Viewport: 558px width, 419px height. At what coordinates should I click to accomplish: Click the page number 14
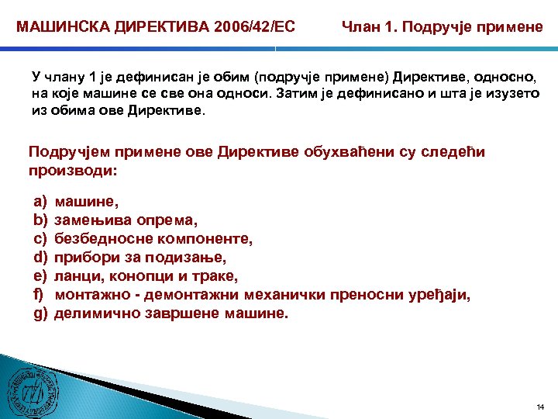coord(540,407)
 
